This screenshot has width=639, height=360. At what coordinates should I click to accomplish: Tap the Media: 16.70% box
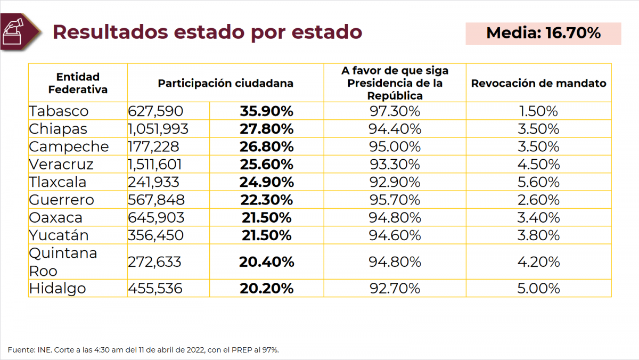click(543, 33)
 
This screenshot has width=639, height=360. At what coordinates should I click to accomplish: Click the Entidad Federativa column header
click(78, 83)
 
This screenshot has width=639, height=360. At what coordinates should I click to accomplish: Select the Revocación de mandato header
click(538, 83)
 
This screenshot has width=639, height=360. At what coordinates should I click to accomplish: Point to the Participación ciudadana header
click(225, 83)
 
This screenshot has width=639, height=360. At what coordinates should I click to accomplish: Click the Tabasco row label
click(59, 111)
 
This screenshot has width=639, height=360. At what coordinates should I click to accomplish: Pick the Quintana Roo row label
click(63, 261)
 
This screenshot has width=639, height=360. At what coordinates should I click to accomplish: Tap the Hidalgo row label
click(58, 289)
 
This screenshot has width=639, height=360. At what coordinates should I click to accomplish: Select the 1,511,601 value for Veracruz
click(155, 165)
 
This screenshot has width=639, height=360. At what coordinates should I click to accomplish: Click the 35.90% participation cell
click(266, 111)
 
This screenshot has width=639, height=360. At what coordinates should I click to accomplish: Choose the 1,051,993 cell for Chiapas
click(158, 129)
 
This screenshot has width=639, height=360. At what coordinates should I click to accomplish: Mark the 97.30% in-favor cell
click(395, 111)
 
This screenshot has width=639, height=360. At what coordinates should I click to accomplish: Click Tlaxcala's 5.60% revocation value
click(538, 182)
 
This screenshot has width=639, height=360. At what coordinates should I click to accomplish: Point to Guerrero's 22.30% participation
click(266, 200)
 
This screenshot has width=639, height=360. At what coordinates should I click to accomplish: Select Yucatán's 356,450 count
click(155, 235)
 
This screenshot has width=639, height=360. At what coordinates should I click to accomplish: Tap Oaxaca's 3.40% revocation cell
click(538, 218)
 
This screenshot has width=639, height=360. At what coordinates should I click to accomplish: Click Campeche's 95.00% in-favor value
click(395, 146)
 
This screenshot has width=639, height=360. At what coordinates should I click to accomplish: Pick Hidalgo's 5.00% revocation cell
click(538, 289)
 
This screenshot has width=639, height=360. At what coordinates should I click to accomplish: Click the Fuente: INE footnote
click(143, 350)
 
